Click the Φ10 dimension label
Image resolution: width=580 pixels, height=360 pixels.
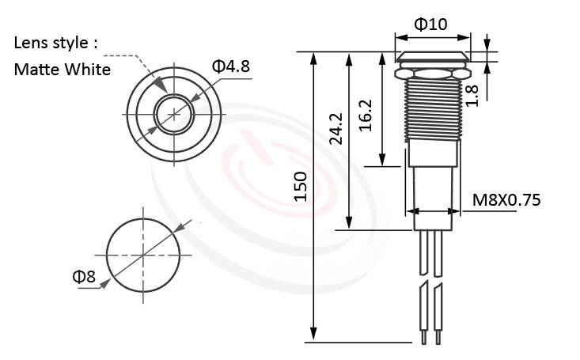point(432,25)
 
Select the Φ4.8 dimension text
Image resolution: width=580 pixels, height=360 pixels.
point(230,66)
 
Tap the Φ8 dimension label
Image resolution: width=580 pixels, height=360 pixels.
point(83,276)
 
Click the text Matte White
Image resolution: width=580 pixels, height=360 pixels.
point(62,70)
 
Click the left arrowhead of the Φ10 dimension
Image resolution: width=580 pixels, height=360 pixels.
point(398,36)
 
